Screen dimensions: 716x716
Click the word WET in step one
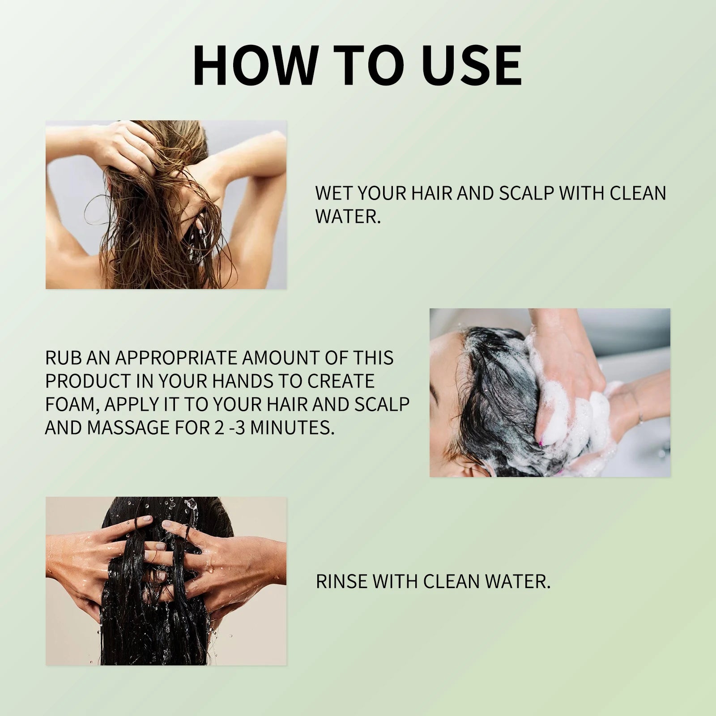[x=333, y=193]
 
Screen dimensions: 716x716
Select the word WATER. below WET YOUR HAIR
[x=348, y=216]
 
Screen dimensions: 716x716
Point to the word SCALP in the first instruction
[x=526, y=193]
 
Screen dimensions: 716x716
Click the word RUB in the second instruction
[x=64, y=358]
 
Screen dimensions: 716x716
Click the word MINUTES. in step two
[x=292, y=427]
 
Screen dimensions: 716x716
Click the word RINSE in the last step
[x=341, y=581]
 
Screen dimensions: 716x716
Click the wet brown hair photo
[x=166, y=205]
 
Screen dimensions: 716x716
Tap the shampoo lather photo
[x=550, y=392]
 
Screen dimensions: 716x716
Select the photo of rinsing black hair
[x=166, y=581]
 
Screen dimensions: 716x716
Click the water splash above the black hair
[x=192, y=506]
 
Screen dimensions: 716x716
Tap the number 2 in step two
[x=217, y=427]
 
